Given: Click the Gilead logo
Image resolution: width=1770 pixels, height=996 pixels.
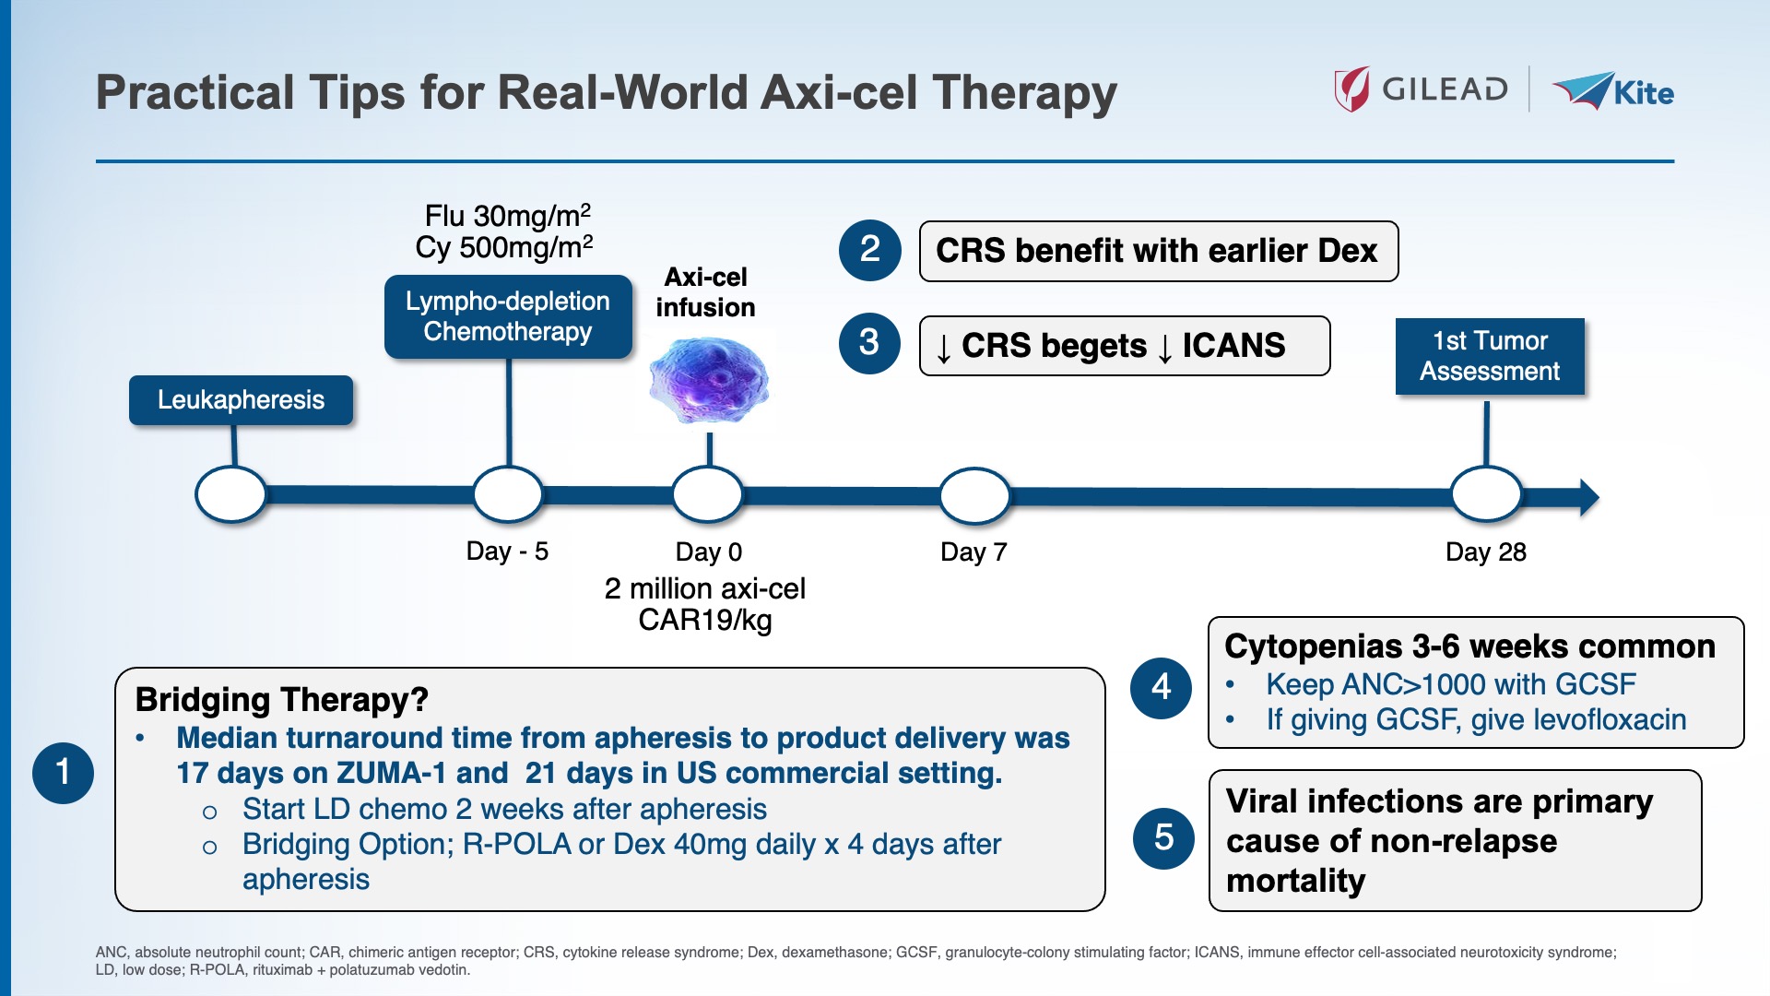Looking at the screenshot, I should coord(1421,89).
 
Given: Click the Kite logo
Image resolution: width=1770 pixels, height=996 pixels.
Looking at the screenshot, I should coord(1614,91).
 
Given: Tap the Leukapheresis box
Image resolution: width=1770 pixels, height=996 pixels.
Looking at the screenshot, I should coord(241,400).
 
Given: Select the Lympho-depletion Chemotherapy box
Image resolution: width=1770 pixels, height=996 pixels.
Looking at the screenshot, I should coord(508,316).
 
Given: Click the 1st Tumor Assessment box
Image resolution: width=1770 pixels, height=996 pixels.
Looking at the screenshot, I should coord(1489,356).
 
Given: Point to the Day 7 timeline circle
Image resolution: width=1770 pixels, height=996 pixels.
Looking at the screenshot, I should coord(974,496).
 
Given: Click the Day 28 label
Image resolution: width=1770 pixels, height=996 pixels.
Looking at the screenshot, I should coord(1485,551).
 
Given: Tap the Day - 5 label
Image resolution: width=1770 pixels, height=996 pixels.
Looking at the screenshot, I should coord(507,551).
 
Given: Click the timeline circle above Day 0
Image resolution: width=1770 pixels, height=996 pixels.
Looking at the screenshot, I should coord(707,495).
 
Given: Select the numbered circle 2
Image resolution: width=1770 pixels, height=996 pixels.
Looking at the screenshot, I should coord(869,250).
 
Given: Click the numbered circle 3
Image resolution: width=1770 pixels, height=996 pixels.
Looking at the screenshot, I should coord(869,343).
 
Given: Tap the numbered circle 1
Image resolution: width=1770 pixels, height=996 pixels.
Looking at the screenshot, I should coord(63,772).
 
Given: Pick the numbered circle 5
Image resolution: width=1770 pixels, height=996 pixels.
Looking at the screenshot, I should coord(1163,837).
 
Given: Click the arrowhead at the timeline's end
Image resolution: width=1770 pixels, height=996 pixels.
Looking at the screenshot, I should coord(1587,497).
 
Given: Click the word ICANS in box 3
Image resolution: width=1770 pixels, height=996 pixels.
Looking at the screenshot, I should coord(1233,346).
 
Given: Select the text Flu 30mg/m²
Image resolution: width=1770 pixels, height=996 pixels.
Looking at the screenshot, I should coord(507,216).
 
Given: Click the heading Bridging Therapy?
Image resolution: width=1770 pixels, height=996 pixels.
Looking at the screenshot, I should coord(281,700).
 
